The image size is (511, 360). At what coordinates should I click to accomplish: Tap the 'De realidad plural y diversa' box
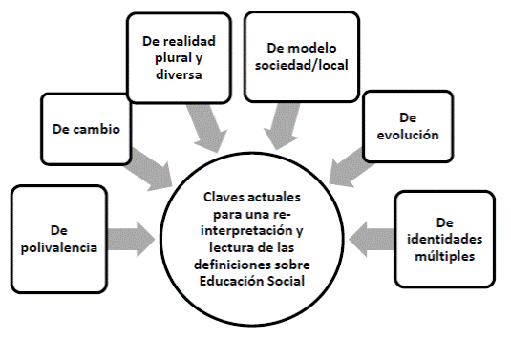point(172,56)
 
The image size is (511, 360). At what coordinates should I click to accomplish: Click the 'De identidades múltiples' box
point(442,239)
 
